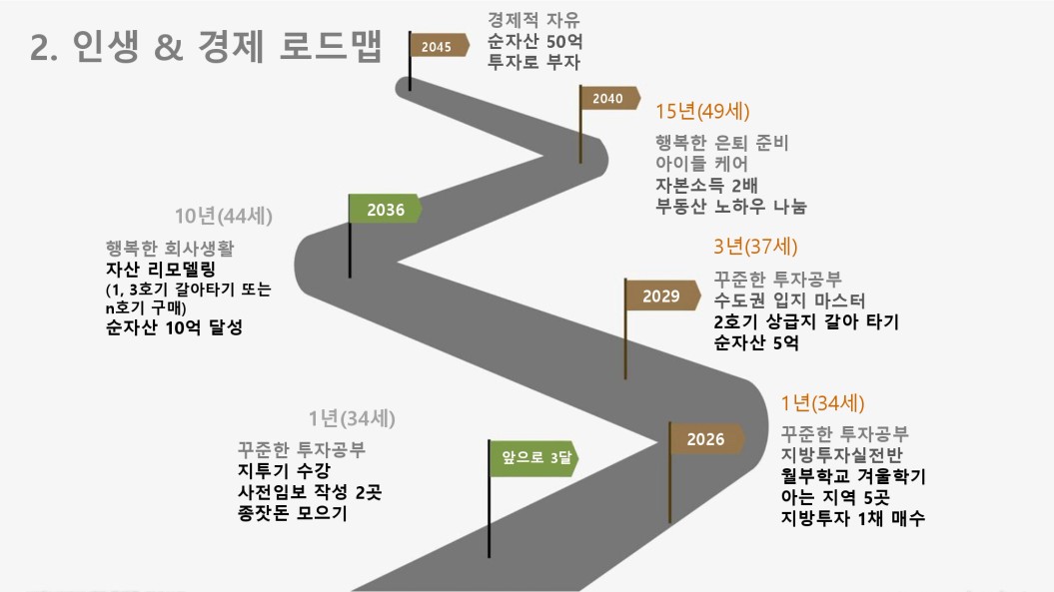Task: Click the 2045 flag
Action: (x=439, y=46)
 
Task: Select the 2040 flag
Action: (x=608, y=98)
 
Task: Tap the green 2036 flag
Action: (x=385, y=210)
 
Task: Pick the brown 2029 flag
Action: (x=661, y=296)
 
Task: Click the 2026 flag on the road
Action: (x=706, y=439)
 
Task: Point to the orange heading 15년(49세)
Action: (x=702, y=111)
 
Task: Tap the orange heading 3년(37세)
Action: (x=755, y=247)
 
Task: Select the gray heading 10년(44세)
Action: (x=223, y=216)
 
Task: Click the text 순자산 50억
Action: (x=534, y=42)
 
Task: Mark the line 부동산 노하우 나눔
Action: (x=730, y=207)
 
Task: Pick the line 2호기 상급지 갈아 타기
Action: (x=806, y=322)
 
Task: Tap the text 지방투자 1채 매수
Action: (x=853, y=518)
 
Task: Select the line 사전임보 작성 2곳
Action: (x=301, y=492)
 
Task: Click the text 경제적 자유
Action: (x=533, y=20)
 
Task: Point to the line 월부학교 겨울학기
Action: (x=853, y=476)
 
